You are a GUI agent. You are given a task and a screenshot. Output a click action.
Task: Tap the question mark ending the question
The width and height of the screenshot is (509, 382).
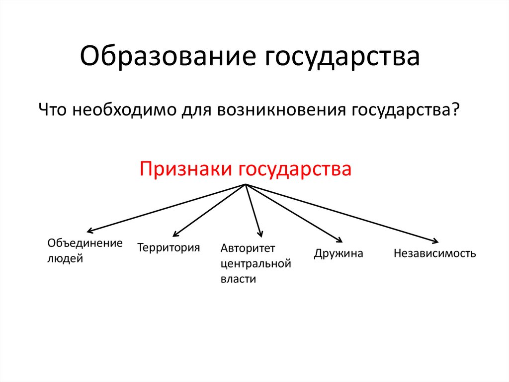click(x=454, y=109)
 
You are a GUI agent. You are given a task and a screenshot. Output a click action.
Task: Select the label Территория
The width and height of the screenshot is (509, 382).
click(x=169, y=247)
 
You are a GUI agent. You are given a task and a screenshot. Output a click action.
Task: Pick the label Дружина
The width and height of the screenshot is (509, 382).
click(x=339, y=254)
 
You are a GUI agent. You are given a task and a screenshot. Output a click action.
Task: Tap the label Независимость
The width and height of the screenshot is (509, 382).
click(x=434, y=254)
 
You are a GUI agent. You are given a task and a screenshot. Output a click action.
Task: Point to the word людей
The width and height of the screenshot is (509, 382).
click(x=65, y=259)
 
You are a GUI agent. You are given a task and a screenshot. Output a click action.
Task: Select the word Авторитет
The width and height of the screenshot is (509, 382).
click(x=248, y=248)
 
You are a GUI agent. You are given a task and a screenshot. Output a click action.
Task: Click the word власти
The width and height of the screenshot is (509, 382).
click(x=238, y=279)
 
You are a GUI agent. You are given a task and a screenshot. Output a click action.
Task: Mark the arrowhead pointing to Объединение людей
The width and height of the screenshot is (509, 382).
click(x=90, y=231)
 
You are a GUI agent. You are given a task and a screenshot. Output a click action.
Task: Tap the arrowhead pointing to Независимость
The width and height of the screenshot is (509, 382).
click(x=434, y=240)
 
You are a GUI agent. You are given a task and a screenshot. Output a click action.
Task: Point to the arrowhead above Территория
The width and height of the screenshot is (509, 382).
click(x=174, y=234)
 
